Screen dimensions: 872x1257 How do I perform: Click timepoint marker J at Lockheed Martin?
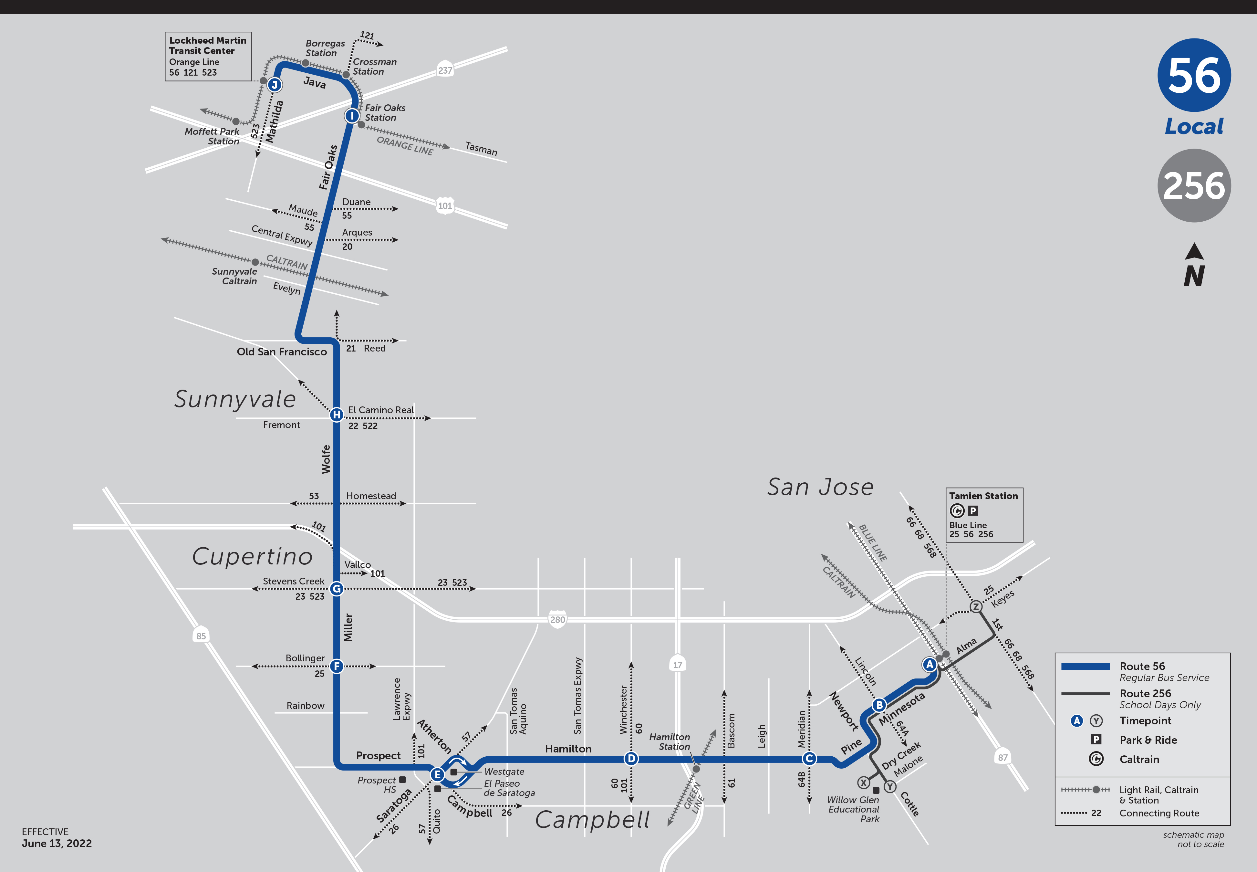[x=275, y=85]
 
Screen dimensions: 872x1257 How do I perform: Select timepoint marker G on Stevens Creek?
[x=336, y=588]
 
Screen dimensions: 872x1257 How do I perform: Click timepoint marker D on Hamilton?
[x=631, y=758]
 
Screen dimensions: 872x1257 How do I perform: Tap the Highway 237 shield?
[x=445, y=70]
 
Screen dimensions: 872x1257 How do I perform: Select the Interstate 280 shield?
[x=557, y=619]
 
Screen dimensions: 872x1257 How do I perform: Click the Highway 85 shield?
[x=201, y=636]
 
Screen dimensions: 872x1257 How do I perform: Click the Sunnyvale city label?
[x=235, y=399]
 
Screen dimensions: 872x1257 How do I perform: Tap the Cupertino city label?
[x=252, y=556]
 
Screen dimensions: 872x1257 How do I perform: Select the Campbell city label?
[x=592, y=820]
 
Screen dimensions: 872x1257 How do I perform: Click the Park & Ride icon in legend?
[x=1096, y=739]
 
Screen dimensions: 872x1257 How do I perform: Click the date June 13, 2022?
[x=57, y=843]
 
